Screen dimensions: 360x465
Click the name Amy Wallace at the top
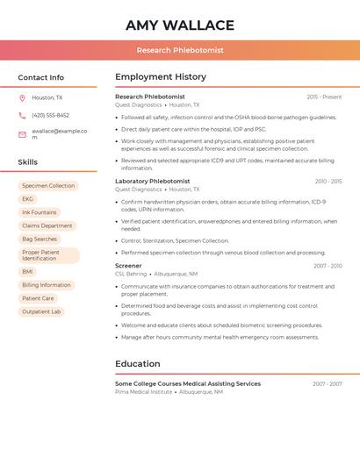tap(180, 25)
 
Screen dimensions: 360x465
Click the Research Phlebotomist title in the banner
tap(180, 51)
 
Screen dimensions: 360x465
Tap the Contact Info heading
tap(41, 77)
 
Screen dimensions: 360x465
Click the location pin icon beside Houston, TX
tap(23, 98)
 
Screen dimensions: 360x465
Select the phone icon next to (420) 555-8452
tap(23, 115)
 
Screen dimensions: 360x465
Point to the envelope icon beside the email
tap(23, 133)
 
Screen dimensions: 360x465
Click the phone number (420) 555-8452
tap(51, 115)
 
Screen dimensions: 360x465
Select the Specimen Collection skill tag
tap(48, 186)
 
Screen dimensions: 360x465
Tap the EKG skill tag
tap(28, 199)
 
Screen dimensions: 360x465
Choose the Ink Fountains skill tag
tap(40, 212)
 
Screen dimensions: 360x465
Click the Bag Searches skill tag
tap(40, 239)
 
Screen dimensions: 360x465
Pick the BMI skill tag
tap(28, 272)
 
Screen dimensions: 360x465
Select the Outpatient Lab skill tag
tap(41, 311)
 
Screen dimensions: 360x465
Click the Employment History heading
tap(161, 77)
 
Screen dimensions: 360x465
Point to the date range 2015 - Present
tap(324, 97)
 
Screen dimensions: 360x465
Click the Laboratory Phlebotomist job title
tap(152, 181)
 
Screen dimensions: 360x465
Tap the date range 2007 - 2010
tap(328, 266)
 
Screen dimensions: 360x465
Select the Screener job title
tap(128, 265)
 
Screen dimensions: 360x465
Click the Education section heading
tap(138, 363)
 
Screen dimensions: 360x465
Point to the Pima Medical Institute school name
tap(144, 392)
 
